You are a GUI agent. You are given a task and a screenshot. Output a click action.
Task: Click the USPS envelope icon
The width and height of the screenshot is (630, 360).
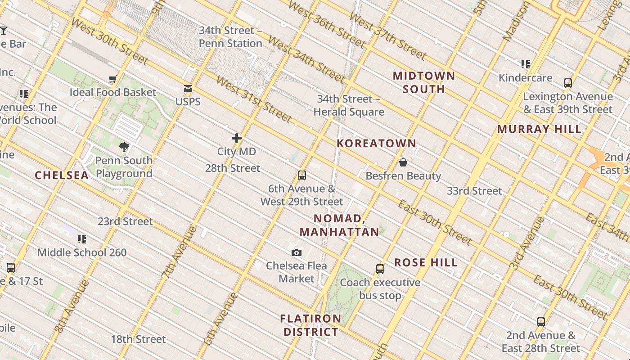188,89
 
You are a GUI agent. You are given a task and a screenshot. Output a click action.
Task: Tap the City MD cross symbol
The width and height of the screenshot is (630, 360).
237,138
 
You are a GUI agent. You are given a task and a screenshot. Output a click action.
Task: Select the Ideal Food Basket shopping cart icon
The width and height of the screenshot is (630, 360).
113,79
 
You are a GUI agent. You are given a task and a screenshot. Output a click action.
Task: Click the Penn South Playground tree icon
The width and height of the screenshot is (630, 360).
124,147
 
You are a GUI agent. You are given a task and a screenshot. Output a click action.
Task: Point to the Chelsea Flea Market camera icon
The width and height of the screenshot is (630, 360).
296,252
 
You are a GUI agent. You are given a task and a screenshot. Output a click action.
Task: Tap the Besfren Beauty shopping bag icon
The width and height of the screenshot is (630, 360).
403,162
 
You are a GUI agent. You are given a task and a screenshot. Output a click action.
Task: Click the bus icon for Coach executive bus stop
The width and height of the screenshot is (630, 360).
380,269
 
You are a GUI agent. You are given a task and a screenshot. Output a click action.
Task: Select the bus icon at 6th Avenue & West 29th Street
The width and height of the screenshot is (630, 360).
302,175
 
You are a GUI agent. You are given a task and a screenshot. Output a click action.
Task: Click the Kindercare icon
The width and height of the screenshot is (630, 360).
526,64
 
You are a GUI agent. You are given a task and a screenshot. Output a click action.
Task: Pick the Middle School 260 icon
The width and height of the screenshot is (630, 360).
82,239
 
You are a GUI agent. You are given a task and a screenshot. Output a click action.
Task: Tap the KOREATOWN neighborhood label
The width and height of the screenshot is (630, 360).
377,144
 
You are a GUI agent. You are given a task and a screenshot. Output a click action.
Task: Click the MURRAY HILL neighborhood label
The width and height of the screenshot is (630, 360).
539,129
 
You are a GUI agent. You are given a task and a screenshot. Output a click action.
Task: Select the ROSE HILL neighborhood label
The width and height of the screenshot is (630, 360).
426,262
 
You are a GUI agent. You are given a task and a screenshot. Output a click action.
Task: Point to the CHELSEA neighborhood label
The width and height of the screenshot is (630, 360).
62,175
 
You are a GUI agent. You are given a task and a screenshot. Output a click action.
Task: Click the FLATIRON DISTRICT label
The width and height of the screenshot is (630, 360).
310,325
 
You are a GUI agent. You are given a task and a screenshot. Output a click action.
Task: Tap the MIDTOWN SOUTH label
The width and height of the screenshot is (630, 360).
424,82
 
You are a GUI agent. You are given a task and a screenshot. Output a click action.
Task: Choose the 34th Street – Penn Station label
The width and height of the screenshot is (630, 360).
230,37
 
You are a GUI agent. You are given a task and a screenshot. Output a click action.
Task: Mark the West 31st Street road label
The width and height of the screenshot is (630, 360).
254,99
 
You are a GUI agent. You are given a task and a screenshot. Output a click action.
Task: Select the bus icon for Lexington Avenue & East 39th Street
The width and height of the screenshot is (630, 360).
568,83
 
